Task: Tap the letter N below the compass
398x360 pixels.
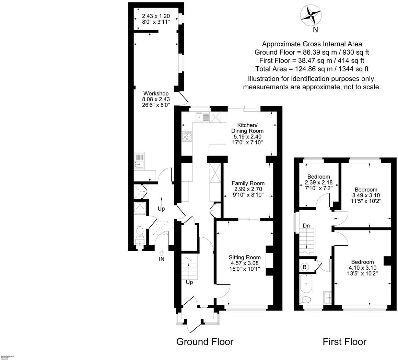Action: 315,30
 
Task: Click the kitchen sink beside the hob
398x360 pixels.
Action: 202,117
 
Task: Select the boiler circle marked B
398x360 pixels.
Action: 304,267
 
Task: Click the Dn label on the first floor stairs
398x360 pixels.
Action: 306,226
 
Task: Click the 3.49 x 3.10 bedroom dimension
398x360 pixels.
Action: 366,195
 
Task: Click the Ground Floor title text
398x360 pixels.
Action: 205,342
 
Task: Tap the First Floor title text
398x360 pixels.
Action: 344,342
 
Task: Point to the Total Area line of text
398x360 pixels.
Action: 312,69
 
